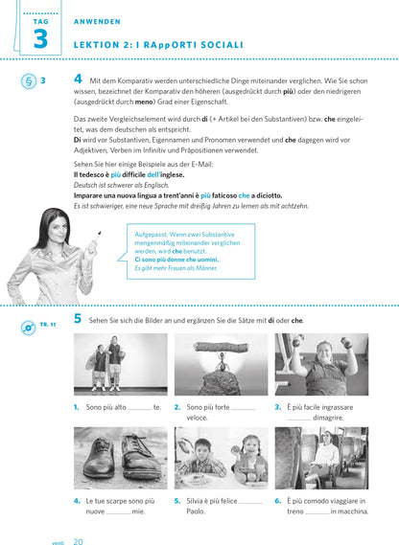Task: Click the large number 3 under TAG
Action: pos(40,38)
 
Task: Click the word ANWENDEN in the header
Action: pos(97,21)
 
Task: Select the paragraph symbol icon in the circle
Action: pos(29,81)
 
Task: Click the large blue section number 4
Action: pos(78,79)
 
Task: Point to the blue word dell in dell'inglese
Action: pos(153,174)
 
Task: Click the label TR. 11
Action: pos(48,325)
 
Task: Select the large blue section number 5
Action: pos(78,318)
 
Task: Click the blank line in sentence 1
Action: pos(140,409)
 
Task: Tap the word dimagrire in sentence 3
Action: pos(328,418)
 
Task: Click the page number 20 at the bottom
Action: pos(79,541)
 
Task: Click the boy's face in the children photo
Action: pos(202,450)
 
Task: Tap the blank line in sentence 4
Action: pos(118,513)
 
